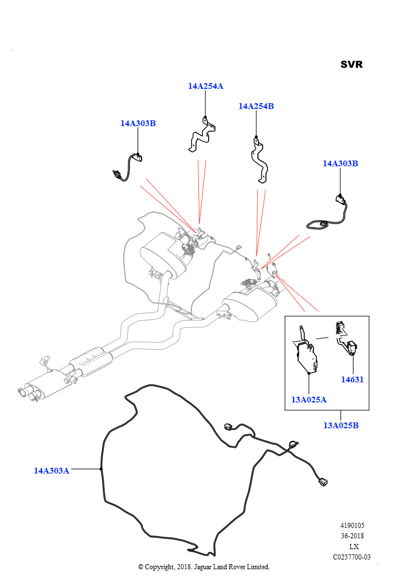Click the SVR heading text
point(351,64)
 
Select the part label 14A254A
point(205,86)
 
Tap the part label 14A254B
point(256,106)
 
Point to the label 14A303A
point(51,471)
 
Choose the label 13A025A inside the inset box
point(308,400)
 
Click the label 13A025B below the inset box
point(340,425)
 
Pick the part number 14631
point(353,379)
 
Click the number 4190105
point(351,526)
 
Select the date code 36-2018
point(352,536)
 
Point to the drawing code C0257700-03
point(351,557)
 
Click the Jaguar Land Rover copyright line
point(203,567)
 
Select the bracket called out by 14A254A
point(202,136)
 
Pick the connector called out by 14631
point(351,346)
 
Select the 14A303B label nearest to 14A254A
point(138,123)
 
